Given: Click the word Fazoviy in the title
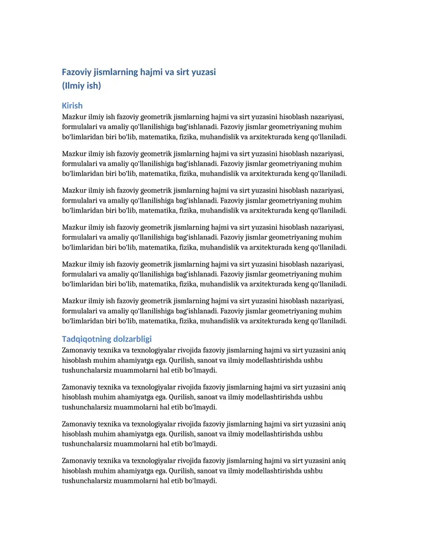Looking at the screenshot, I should tap(76, 72).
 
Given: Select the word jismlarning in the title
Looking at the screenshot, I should tap(116, 72).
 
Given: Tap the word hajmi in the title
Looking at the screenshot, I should tap(152, 72).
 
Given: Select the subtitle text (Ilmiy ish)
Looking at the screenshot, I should tap(81, 85).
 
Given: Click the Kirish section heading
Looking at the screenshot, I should tap(72, 105).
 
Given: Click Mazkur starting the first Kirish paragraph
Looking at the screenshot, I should tap(74, 117).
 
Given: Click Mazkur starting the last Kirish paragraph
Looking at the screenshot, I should tap(74, 301).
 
